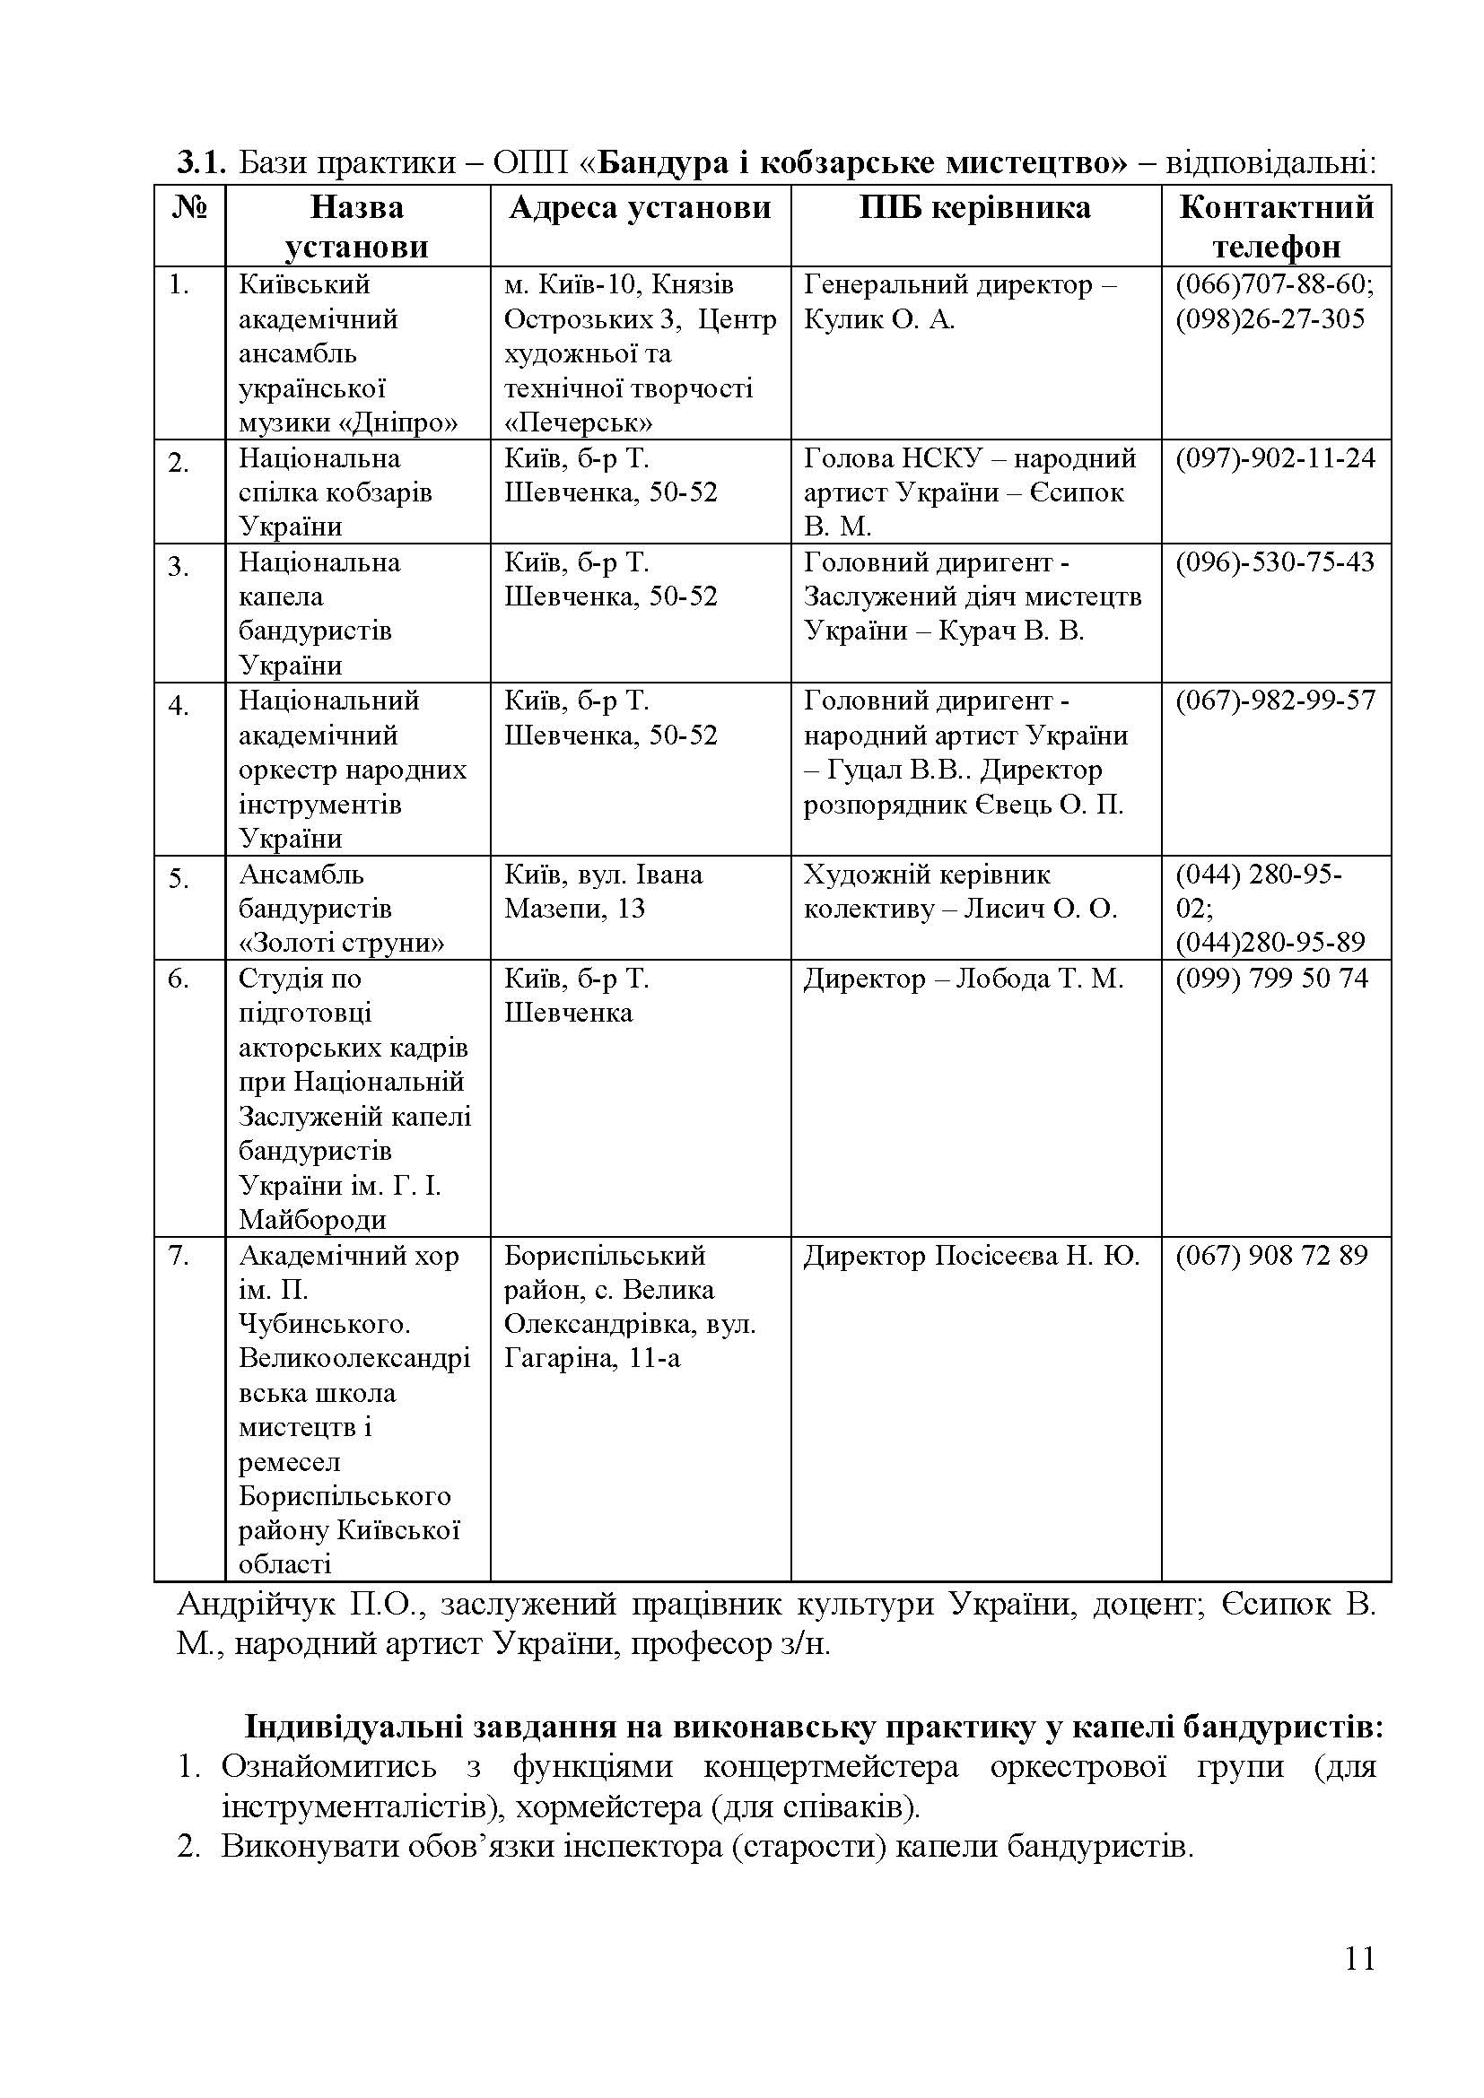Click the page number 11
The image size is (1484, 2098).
pos(1359,1984)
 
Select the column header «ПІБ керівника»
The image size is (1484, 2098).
pos(974,208)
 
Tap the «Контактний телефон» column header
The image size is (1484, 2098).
pos(1276,227)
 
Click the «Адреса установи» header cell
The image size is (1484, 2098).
pos(640,208)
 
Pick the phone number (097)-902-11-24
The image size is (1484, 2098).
pos(1275,457)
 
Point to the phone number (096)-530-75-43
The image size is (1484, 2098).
pos(1275,562)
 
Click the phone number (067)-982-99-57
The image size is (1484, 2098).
pos(1275,701)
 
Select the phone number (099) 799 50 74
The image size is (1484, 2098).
pos(1271,979)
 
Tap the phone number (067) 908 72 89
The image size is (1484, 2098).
pos(1271,1256)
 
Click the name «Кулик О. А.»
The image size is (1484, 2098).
pos(879,320)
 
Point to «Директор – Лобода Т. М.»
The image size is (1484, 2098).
pos(963,979)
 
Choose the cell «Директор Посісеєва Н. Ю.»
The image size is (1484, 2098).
pos(972,1257)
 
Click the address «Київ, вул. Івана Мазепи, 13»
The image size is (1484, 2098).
pos(603,892)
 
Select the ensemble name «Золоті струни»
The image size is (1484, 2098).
pos(342,943)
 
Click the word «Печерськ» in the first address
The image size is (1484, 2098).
pos(579,423)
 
